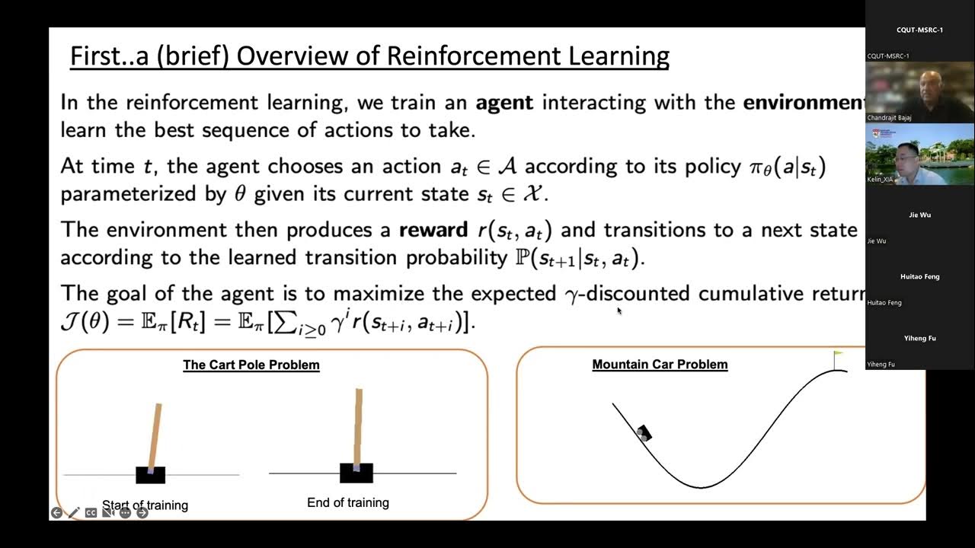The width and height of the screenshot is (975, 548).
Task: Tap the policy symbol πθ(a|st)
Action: click(x=788, y=167)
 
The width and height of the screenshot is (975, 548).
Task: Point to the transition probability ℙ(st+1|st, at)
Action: click(x=579, y=258)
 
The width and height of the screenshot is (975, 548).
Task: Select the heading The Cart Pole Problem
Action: click(x=251, y=365)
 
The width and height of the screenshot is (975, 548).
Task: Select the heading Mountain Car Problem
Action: click(x=660, y=364)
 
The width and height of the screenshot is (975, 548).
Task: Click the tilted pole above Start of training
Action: click(x=155, y=436)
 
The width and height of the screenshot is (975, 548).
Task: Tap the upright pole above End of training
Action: click(x=358, y=425)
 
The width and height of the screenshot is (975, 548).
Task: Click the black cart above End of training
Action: click(x=356, y=473)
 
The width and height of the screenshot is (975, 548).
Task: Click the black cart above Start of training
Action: click(x=150, y=475)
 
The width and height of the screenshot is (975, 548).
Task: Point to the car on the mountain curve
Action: click(x=644, y=433)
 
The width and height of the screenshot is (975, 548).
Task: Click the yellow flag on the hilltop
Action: click(x=839, y=354)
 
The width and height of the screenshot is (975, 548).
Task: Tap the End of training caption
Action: click(x=348, y=502)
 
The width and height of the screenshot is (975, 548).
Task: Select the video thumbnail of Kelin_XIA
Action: click(x=919, y=155)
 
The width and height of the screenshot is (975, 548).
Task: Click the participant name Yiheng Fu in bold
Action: click(x=919, y=338)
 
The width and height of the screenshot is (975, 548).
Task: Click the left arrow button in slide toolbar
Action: click(x=56, y=513)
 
